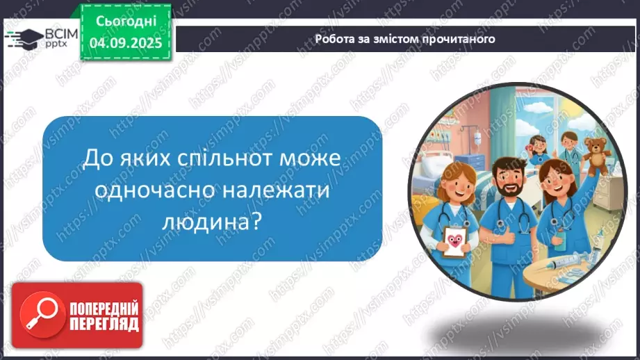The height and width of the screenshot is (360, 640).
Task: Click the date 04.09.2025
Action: pos(126,42)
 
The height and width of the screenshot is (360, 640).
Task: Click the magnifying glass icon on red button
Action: pos(38,315)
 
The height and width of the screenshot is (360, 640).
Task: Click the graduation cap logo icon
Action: pos(20,37)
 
